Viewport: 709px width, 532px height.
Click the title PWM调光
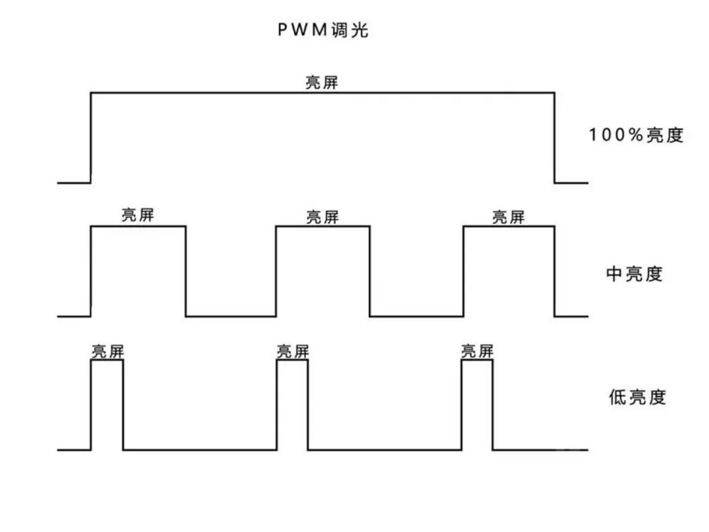[322, 30]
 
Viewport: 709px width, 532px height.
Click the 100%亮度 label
[636, 135]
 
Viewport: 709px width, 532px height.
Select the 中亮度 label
[634, 274]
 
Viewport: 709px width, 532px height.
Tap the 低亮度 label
[637, 397]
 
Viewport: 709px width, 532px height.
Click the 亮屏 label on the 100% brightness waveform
[322, 83]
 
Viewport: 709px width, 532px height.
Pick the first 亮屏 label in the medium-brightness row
[138, 215]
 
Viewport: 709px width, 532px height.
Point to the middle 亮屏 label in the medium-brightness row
[323, 217]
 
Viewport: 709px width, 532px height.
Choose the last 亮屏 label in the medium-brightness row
[508, 217]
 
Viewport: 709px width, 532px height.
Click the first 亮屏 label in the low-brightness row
[107, 351]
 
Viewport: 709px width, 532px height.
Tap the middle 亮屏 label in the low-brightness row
[293, 351]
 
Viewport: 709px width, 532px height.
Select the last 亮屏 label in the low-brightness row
[477, 351]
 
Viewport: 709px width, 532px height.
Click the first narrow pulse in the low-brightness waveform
[107, 405]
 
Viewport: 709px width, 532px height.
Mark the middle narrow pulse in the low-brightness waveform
[292, 405]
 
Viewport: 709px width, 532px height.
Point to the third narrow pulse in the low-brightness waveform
[477, 405]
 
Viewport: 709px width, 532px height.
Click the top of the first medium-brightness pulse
[138, 227]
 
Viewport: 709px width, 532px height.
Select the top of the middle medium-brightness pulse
[323, 227]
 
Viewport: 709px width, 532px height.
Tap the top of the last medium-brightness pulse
[509, 227]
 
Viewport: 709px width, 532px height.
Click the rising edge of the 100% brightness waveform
[91, 138]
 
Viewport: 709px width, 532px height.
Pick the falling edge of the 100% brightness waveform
[555, 138]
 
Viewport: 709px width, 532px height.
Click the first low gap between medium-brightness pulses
[230, 316]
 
